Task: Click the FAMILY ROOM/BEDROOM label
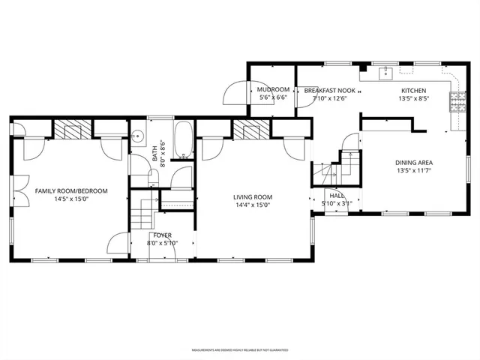71,191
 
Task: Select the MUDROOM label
274,90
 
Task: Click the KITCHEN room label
413,90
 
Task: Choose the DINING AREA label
413,163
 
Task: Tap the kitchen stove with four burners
457,102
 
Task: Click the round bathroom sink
138,137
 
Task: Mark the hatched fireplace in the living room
250,130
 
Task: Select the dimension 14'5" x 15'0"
71,200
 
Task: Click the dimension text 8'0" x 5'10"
162,243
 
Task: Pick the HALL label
337,194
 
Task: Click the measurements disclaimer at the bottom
239,349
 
